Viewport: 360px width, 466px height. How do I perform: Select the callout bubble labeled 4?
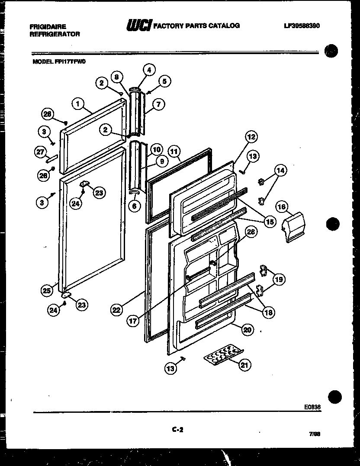point(148,70)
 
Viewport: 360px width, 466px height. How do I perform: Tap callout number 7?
point(158,104)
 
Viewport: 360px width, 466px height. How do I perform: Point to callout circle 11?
point(174,151)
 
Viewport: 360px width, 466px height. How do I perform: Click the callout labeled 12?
point(251,137)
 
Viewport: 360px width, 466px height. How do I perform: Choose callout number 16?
point(282,207)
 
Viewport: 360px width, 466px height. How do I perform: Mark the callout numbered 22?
point(116,309)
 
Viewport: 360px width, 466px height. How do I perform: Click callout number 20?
point(246,330)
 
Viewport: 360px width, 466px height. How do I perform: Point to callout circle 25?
point(47,291)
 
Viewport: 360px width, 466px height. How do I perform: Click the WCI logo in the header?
point(139,26)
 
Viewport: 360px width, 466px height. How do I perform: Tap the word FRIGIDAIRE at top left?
point(48,26)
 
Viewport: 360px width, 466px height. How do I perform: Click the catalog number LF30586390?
point(302,26)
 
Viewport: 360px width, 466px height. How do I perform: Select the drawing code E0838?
point(312,407)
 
